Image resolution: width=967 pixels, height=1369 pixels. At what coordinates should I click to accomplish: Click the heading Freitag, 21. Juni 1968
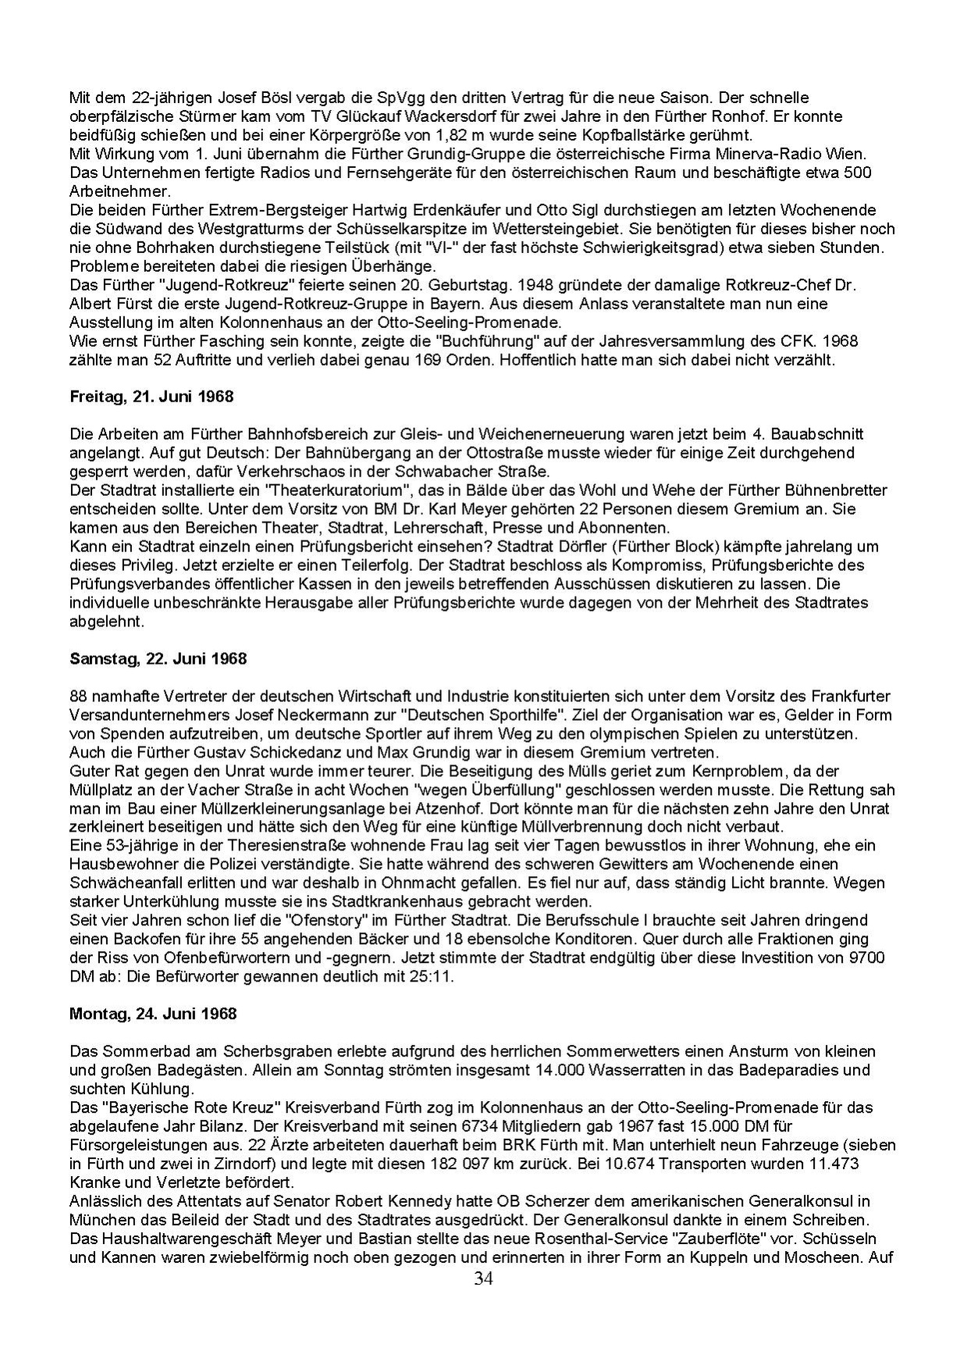pyautogui.click(x=151, y=397)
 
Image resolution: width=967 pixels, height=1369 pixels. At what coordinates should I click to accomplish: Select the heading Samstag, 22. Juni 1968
pyautogui.click(x=158, y=658)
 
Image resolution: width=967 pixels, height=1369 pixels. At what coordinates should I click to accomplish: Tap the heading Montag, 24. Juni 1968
pyautogui.click(x=153, y=1014)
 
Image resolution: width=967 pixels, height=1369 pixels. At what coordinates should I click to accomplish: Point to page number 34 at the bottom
pyautogui.click(x=484, y=1278)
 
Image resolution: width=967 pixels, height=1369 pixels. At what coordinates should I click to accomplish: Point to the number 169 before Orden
pyautogui.click(x=402, y=360)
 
